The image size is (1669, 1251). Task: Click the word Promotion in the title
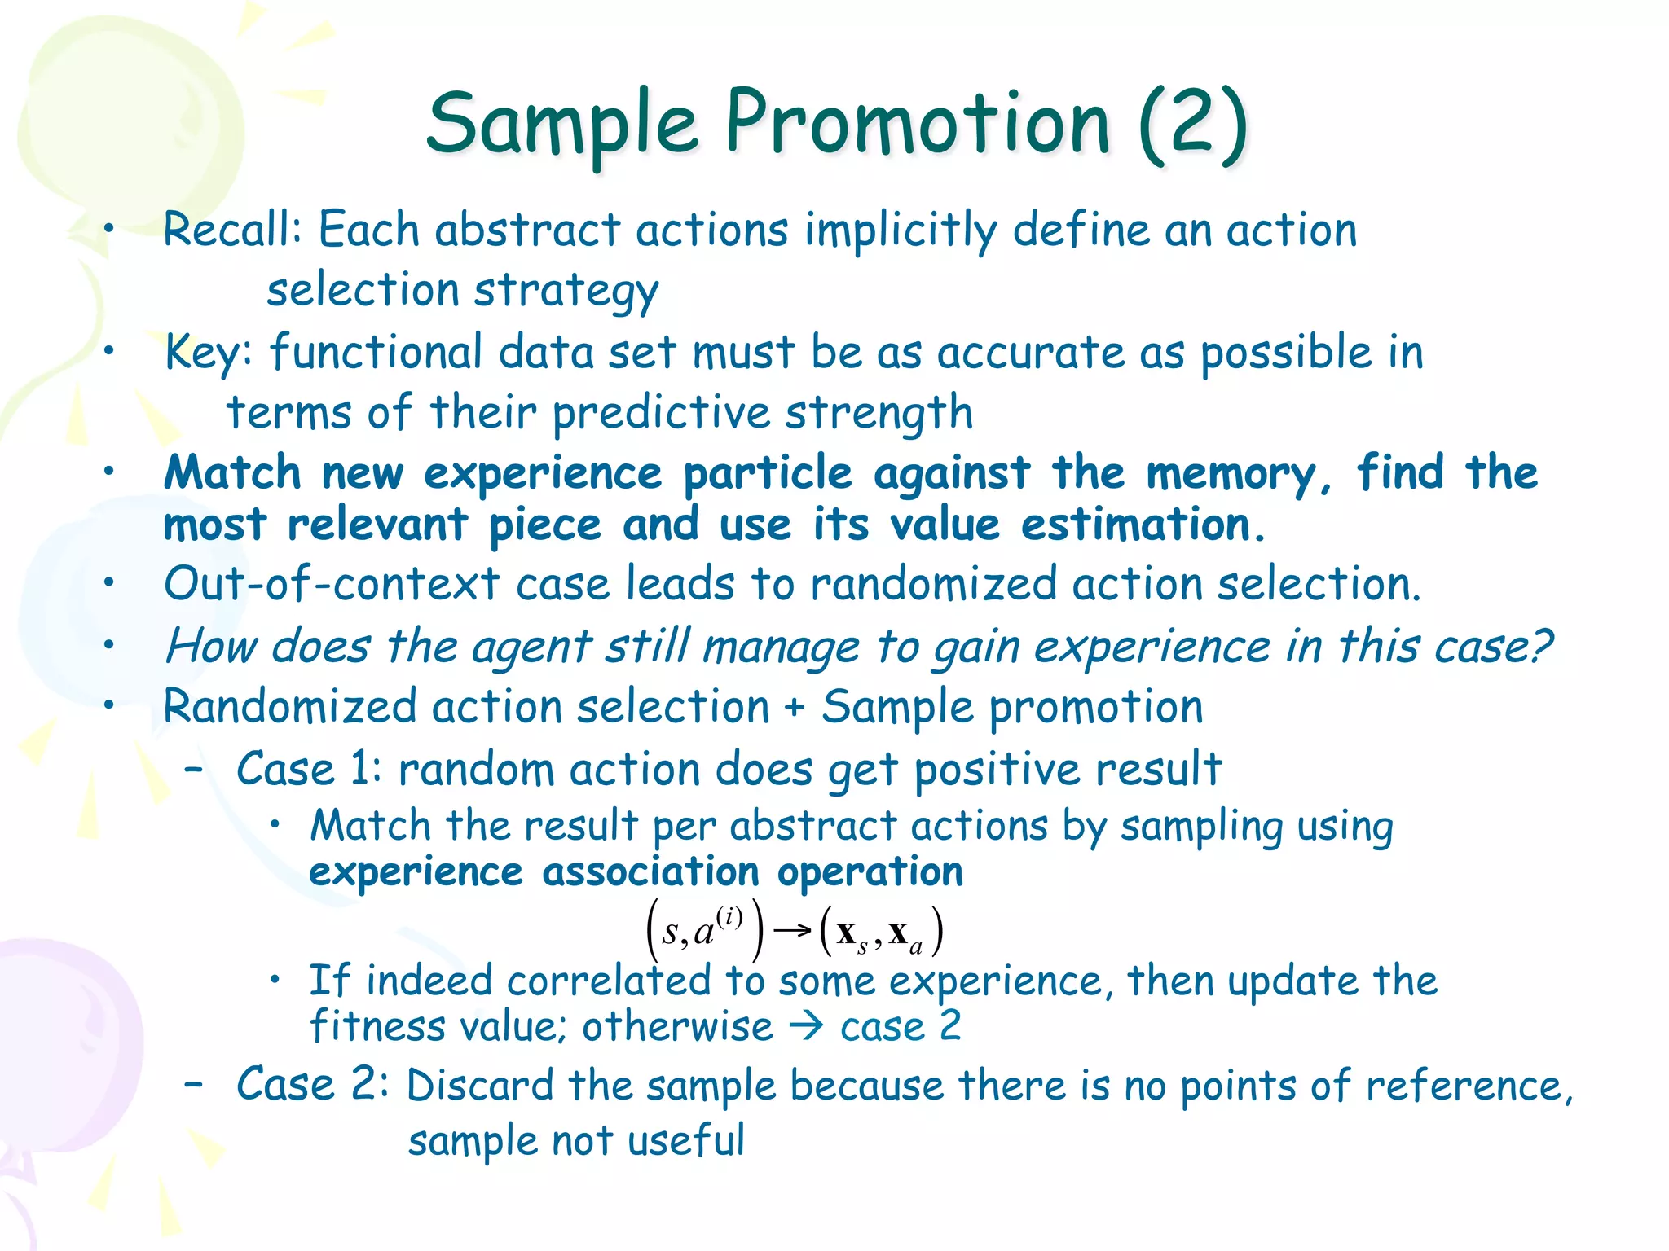(x=917, y=124)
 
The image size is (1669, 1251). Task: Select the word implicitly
(x=900, y=231)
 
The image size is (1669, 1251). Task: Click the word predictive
(x=661, y=413)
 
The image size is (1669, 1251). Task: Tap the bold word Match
(x=233, y=473)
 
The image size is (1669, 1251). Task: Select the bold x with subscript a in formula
(x=905, y=933)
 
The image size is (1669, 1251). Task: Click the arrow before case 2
(x=807, y=1027)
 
